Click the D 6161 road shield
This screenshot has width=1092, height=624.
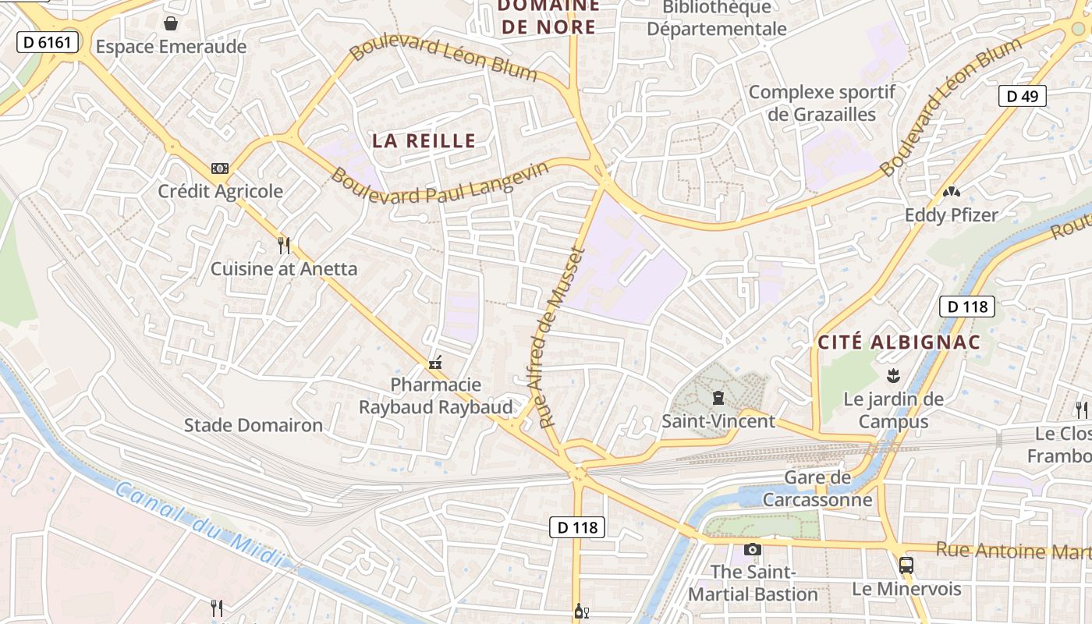[x=48, y=42]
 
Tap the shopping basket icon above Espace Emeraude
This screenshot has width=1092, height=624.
[x=171, y=23]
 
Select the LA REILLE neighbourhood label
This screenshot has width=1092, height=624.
[x=424, y=140]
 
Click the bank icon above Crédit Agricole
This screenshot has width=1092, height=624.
[x=220, y=168]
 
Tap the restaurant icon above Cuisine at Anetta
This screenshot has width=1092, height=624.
[x=284, y=246]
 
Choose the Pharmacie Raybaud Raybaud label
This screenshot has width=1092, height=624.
[x=435, y=395]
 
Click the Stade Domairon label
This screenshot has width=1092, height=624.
[x=253, y=425]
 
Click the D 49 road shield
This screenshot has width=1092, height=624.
[x=1022, y=96]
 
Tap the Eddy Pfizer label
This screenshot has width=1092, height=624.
[x=951, y=215]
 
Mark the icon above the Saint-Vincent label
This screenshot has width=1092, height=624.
[x=718, y=399]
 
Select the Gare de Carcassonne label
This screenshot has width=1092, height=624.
[x=817, y=488]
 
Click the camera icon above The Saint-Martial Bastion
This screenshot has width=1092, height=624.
[x=752, y=549]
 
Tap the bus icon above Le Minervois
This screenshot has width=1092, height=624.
[x=906, y=565]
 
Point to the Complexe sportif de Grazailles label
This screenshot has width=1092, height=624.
[x=822, y=103]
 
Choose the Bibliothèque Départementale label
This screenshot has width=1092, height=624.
[x=717, y=19]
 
